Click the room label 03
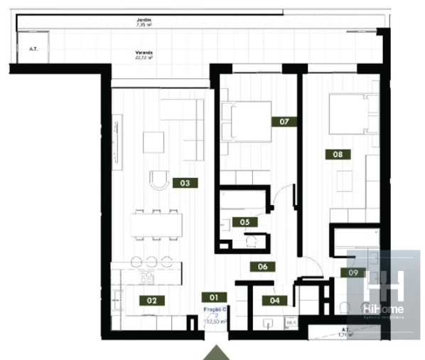[x=184, y=183]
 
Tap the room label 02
[x=151, y=300]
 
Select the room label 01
[x=211, y=297]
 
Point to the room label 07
[x=284, y=121]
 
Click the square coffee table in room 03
[x=153, y=142]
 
